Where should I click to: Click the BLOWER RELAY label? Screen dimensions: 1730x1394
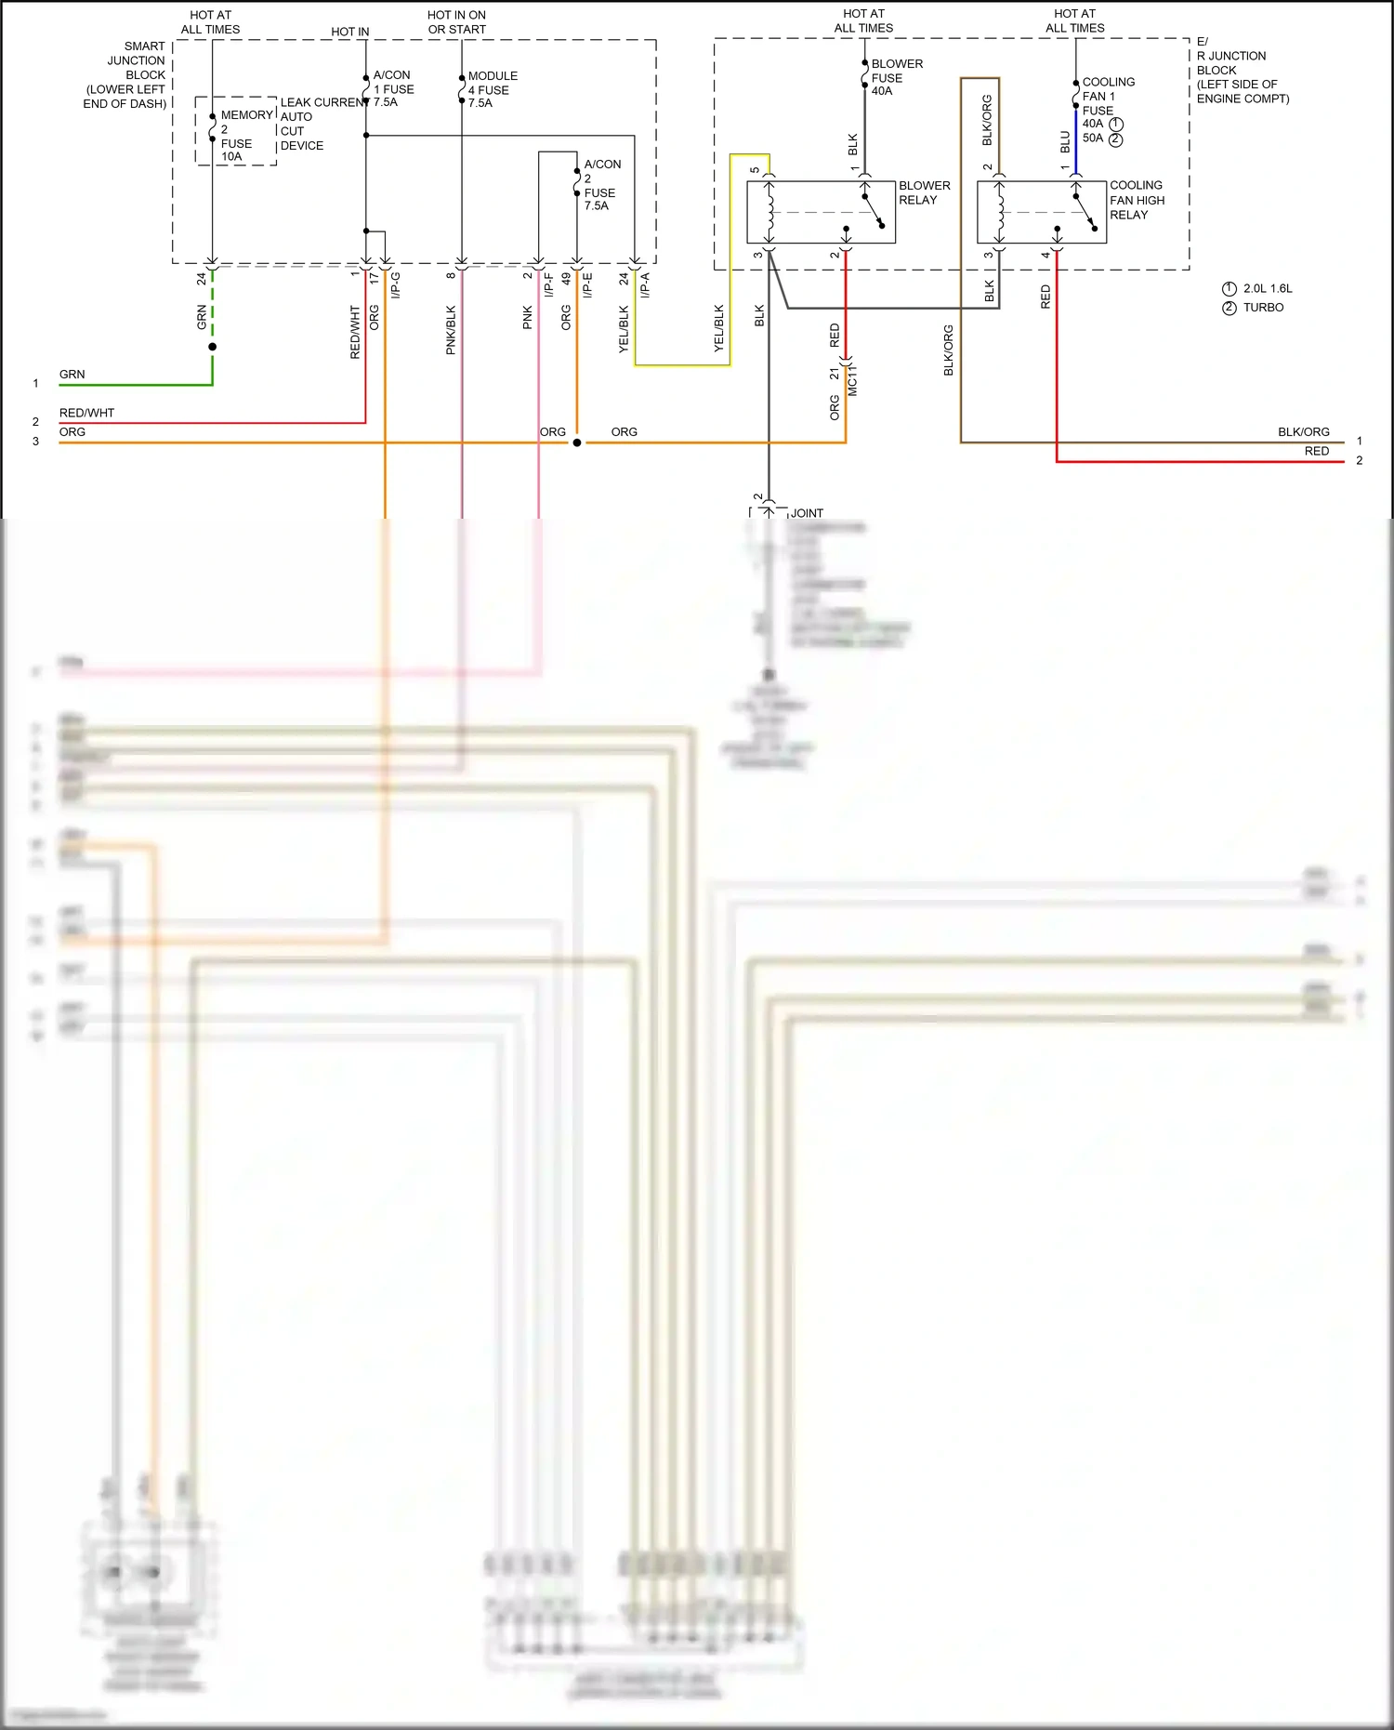924,192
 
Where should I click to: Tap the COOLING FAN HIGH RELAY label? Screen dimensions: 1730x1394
1136,200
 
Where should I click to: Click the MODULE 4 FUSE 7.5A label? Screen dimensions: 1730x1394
492,89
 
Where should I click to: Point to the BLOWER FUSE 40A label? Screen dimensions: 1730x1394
896,77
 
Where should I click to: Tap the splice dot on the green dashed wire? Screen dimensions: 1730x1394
213,347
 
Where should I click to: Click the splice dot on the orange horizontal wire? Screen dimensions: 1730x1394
577,442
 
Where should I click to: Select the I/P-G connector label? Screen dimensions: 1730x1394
396,284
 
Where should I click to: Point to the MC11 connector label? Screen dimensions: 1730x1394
853,381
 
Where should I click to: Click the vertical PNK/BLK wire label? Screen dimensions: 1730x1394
451,330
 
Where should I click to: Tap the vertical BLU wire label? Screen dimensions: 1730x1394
1065,142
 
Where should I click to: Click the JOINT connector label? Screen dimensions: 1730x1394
807,513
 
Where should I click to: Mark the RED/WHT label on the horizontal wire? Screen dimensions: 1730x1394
86,413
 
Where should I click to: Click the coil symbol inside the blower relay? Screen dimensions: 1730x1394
769,212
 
